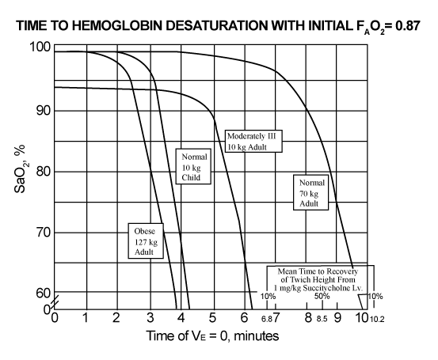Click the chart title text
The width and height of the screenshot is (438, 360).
tap(218, 26)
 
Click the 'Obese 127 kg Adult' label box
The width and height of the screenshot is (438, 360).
tap(146, 241)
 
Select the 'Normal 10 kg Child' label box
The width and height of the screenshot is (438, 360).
tap(193, 166)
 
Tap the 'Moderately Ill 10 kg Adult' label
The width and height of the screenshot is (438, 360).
tap(253, 141)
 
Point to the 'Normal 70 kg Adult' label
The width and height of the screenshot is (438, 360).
tap(310, 192)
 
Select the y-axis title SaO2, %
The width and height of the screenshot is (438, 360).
tap(20, 169)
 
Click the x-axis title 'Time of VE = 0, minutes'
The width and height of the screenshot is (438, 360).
tap(212, 335)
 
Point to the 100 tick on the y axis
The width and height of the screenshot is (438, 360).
tap(40, 47)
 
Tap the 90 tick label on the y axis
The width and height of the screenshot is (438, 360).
tap(44, 111)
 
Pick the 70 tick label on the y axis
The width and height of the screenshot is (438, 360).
tap(44, 232)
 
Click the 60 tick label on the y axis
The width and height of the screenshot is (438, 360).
tap(44, 293)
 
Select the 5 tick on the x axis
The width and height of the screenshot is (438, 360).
tap(212, 317)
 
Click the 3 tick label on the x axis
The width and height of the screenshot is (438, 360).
tap(150, 317)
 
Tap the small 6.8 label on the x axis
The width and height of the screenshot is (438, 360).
tap(267, 319)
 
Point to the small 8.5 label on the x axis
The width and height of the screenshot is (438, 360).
tap(322, 319)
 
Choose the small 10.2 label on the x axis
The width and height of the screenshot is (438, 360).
tap(377, 319)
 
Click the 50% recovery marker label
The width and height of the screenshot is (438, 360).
tap(322, 296)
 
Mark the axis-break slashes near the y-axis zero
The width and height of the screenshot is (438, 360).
tap(55, 301)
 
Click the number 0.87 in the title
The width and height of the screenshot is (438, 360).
tap(408, 25)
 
